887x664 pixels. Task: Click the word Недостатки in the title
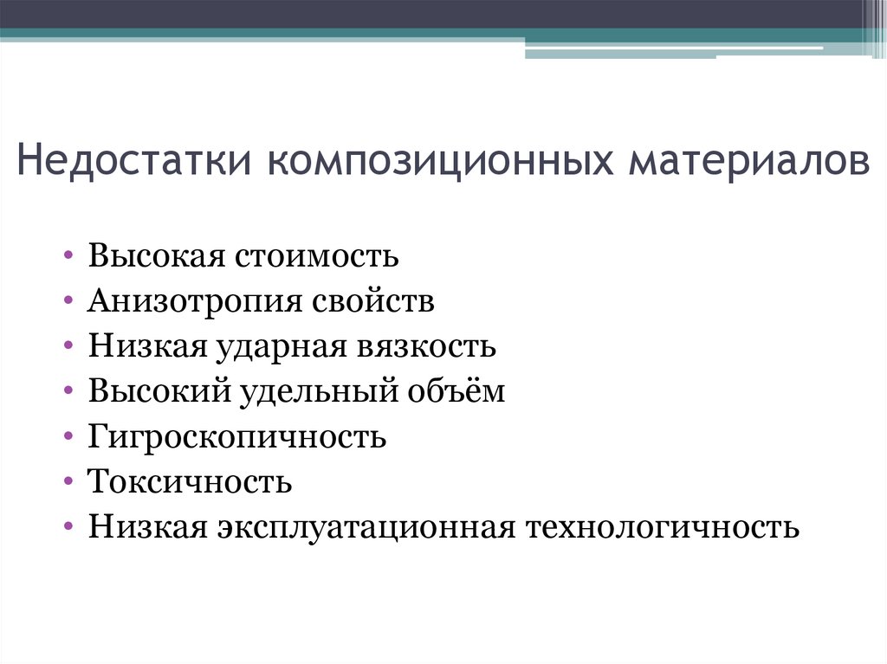(x=134, y=161)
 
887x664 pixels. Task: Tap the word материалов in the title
(x=749, y=161)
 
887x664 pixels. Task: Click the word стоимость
(x=316, y=255)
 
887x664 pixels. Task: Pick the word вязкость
(x=426, y=346)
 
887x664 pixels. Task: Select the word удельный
(x=318, y=392)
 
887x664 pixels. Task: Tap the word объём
(x=456, y=390)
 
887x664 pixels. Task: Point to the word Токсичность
(x=190, y=482)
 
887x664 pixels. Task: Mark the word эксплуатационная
(x=366, y=528)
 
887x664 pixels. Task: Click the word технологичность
(x=663, y=528)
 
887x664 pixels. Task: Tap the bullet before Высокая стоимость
(x=68, y=255)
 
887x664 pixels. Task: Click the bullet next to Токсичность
(x=68, y=481)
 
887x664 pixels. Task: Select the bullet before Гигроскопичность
(x=68, y=436)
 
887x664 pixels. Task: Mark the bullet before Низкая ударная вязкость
(x=68, y=345)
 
